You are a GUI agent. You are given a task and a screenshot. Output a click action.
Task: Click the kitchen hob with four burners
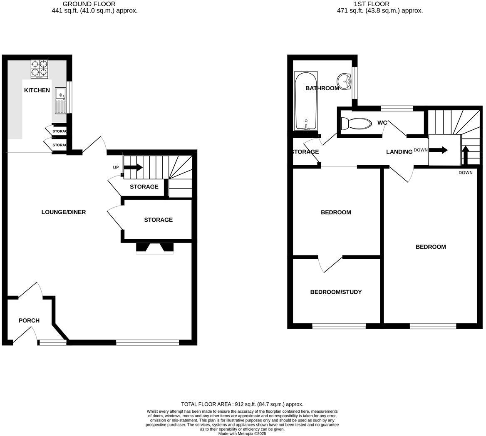click(x=39, y=69)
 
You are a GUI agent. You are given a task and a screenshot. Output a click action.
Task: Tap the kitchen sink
click(x=61, y=100)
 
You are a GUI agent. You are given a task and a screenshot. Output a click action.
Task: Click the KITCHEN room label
click(x=37, y=90)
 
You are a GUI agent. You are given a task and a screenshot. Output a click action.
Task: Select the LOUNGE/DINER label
click(x=64, y=212)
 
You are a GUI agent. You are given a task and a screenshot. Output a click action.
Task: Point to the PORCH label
click(x=29, y=320)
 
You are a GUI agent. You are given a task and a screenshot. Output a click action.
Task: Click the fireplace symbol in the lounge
click(x=155, y=248)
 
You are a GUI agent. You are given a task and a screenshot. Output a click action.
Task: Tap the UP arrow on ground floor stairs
click(x=133, y=167)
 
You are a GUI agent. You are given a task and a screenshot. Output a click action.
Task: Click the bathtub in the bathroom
click(x=306, y=101)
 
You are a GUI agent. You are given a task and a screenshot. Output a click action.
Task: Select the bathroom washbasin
click(x=344, y=81)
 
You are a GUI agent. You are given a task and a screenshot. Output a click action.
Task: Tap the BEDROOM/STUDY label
click(x=336, y=292)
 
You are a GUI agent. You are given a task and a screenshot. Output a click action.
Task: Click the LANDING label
click(x=399, y=152)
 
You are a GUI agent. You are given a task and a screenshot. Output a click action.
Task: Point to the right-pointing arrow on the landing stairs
click(x=439, y=150)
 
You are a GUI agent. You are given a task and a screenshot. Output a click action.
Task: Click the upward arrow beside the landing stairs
click(x=465, y=156)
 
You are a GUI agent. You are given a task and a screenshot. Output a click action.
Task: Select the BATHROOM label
click(x=322, y=88)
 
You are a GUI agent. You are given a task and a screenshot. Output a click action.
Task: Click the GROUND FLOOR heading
click(x=89, y=4)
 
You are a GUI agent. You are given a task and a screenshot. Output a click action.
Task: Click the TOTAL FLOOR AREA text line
click(x=242, y=404)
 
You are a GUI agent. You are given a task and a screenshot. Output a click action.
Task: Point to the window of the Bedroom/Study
click(x=339, y=326)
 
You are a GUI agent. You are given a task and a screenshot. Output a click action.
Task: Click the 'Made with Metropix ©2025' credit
click(x=242, y=434)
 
